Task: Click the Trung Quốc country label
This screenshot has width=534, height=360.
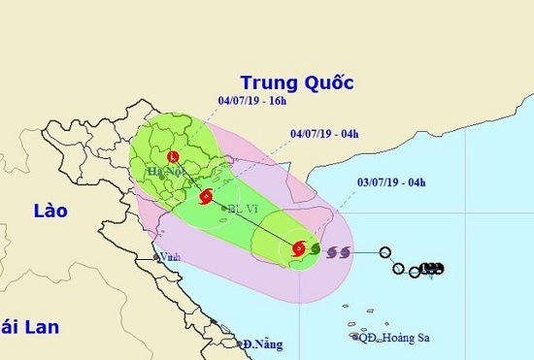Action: [x=296, y=82]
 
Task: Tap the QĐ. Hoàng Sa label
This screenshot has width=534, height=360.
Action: [x=394, y=338]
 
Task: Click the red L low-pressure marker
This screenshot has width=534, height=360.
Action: [x=173, y=156]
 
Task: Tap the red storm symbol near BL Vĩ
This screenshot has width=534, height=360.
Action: [x=205, y=197]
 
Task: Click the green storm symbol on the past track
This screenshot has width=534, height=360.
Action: [x=315, y=248]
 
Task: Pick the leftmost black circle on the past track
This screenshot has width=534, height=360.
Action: [x=385, y=251]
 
